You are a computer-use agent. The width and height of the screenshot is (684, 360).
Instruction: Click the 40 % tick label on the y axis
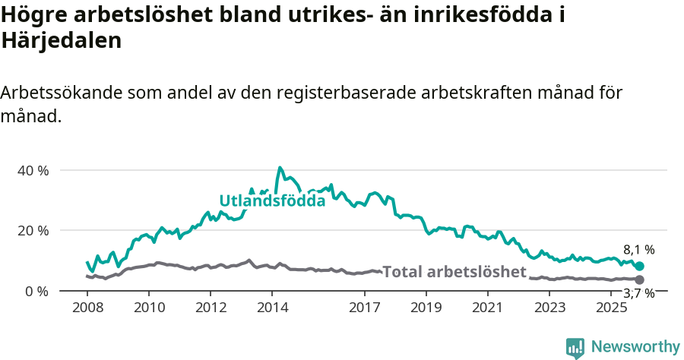coord(33,170)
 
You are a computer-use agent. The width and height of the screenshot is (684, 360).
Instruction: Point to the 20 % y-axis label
coord(33,230)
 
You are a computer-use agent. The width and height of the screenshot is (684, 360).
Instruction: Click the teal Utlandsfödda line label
coord(272,201)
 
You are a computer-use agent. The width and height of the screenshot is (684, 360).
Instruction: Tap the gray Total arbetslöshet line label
coord(454,272)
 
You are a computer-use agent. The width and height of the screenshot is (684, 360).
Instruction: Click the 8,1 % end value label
coord(638,249)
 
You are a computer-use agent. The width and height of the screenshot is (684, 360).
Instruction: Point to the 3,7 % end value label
coord(638,294)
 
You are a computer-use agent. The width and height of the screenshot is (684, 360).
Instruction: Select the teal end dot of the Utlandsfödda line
coord(639,267)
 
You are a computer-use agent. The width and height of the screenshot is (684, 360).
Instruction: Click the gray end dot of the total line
coord(639,280)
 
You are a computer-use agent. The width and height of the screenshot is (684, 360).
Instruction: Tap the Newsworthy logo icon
coord(575,347)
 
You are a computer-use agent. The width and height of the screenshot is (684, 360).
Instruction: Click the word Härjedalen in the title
coord(62,41)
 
